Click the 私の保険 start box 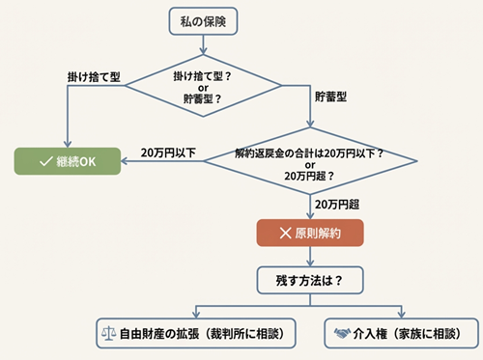204,18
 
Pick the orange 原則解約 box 309,234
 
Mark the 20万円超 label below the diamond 337,205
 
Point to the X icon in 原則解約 285,234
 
